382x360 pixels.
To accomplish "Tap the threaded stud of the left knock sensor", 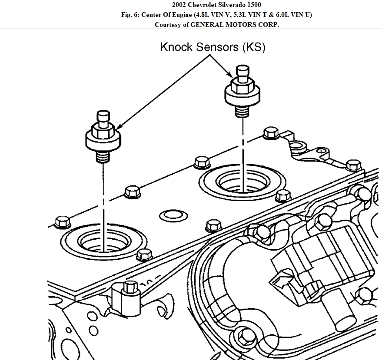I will [x=102, y=156].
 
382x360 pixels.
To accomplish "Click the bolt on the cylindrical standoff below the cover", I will [x=129, y=287].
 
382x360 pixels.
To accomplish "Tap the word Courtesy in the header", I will [x=169, y=25].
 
